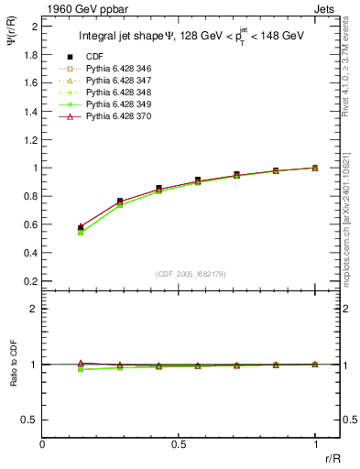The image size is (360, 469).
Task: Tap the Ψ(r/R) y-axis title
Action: (x=12, y=42)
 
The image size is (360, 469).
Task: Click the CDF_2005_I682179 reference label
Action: (x=191, y=274)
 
